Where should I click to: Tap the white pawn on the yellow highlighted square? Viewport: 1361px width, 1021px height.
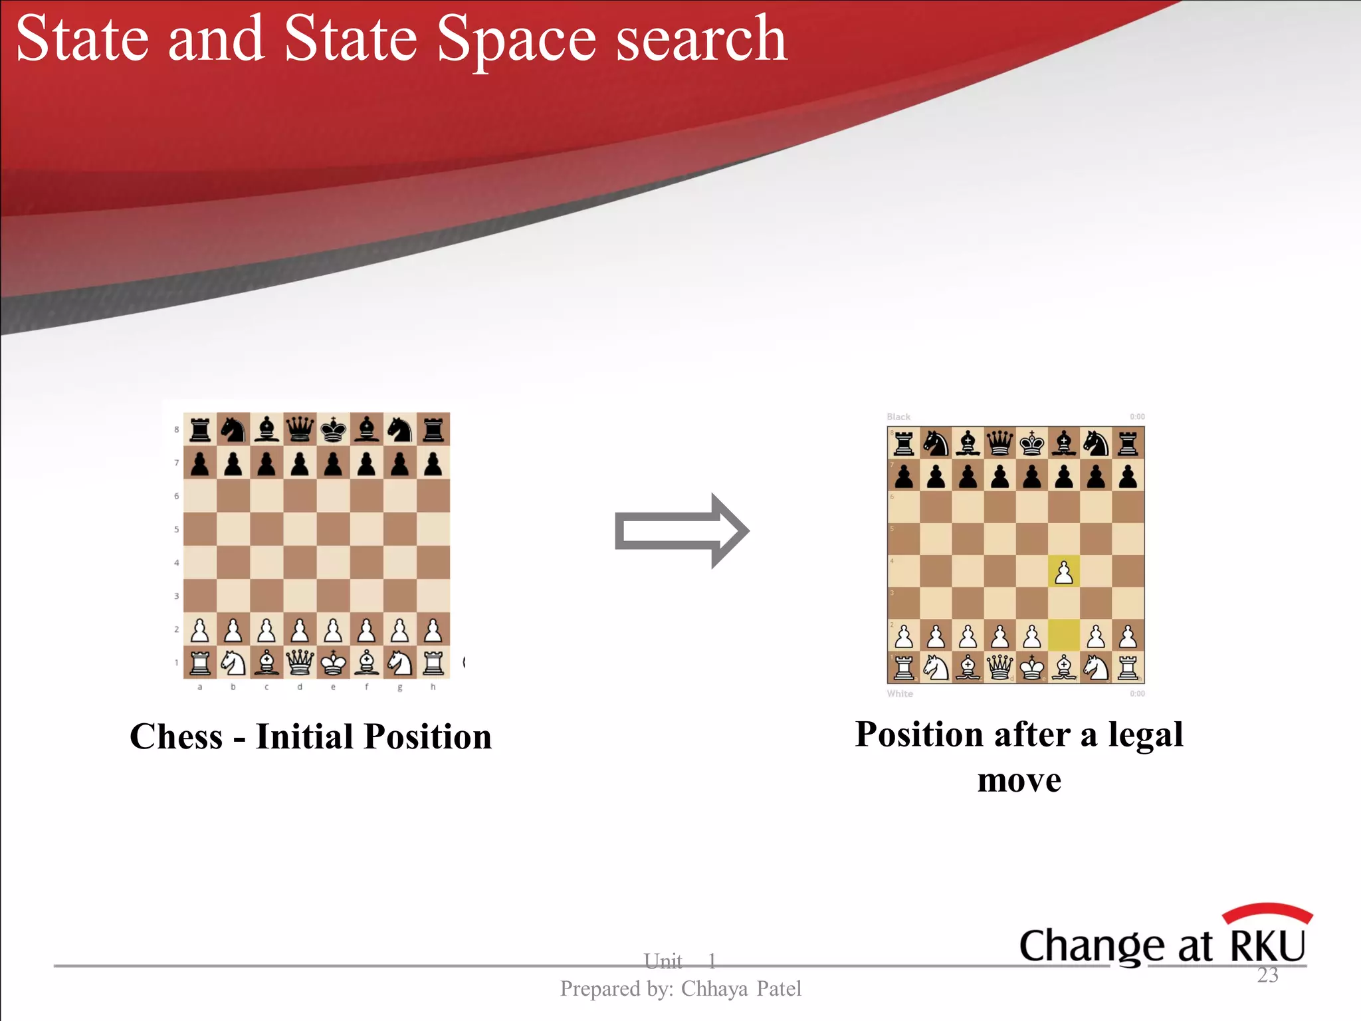(1064, 572)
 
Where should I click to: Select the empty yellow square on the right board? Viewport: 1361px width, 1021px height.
(1064, 635)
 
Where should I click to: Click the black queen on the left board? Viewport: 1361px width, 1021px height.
(300, 429)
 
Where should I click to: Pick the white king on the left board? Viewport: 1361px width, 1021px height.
(333, 662)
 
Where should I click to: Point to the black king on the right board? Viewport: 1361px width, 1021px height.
(1032, 443)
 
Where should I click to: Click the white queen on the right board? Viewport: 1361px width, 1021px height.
(1000, 667)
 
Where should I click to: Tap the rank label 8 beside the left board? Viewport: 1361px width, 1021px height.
(177, 429)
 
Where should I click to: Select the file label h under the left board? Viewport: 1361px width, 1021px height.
(433, 687)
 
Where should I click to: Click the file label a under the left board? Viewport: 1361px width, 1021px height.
(200, 687)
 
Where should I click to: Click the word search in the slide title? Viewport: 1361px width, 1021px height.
(702, 41)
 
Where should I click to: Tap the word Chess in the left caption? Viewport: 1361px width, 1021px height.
(177, 737)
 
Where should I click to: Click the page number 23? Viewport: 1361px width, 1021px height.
(1267, 975)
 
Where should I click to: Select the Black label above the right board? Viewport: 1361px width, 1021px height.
(898, 417)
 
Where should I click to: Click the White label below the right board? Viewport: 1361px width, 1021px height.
(900, 694)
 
